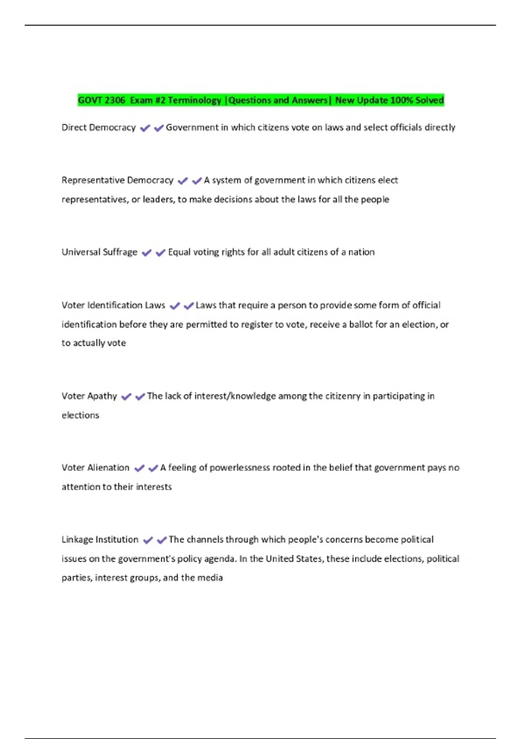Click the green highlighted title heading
pyautogui.click(x=260, y=100)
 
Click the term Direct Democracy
pyautogui.click(x=99, y=128)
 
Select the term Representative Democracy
pyautogui.click(x=117, y=180)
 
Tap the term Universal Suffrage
pyautogui.click(x=99, y=252)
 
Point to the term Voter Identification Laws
pyautogui.click(x=113, y=305)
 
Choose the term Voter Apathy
pyautogui.click(x=89, y=396)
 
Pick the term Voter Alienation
pyautogui.click(x=96, y=468)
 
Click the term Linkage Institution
pyautogui.click(x=100, y=539)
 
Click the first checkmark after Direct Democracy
pyautogui.click(x=145, y=128)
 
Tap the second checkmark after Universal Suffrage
pyautogui.click(x=161, y=253)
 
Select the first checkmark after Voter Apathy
pyautogui.click(x=126, y=396)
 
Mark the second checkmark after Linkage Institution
pyautogui.click(x=162, y=540)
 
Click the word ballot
pyautogui.click(x=361, y=324)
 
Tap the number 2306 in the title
pyautogui.click(x=115, y=100)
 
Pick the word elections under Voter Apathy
pyautogui.click(x=80, y=416)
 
